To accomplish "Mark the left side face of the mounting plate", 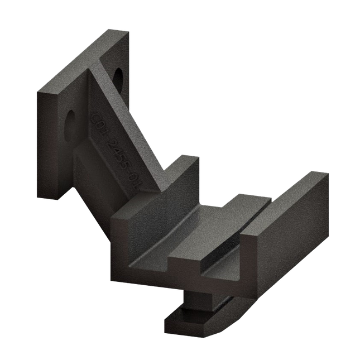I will click(48, 145).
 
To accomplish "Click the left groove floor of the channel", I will click(179, 229).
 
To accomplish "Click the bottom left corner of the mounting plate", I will click(40, 196).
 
